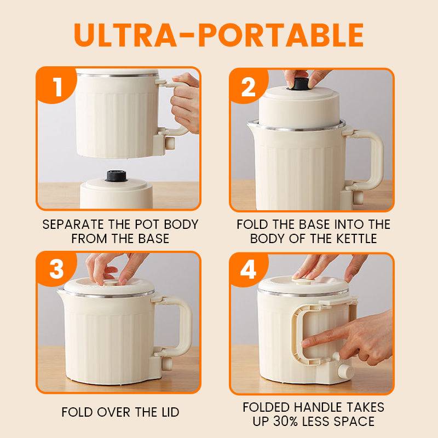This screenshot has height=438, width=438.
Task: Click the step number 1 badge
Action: click(x=57, y=87)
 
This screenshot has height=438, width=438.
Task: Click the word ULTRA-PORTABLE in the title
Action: click(x=218, y=34)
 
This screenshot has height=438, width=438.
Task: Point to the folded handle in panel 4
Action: click(x=295, y=334)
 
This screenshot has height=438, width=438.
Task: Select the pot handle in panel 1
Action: click(x=175, y=107)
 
